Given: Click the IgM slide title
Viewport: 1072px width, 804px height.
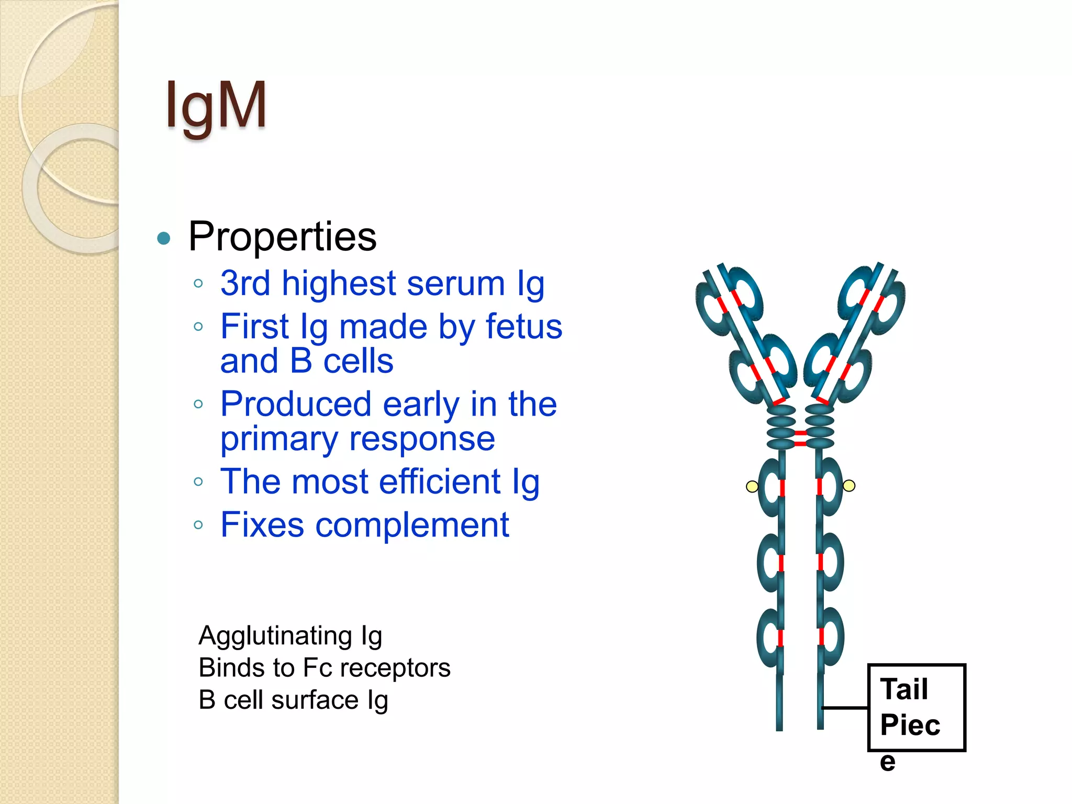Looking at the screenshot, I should [x=216, y=106].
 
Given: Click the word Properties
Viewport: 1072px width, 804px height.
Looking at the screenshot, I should [x=282, y=237].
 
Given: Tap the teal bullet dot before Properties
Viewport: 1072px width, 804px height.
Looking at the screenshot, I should [x=164, y=239].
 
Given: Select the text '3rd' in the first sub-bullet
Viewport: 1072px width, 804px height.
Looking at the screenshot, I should [x=245, y=283].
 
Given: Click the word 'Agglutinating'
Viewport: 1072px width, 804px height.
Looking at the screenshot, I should [x=275, y=635].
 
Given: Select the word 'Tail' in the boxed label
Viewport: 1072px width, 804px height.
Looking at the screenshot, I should [x=904, y=689].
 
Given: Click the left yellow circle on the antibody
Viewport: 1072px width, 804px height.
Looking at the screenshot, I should [x=752, y=487].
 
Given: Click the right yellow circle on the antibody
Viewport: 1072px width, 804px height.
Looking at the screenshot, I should [x=849, y=486].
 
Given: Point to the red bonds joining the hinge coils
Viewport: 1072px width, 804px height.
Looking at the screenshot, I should [x=800, y=439].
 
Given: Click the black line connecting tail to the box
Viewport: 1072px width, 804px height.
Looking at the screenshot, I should [x=844, y=708].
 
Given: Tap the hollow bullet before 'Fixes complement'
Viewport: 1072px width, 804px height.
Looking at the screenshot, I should [x=198, y=525].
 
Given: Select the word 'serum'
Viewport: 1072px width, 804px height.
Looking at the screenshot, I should [x=455, y=283].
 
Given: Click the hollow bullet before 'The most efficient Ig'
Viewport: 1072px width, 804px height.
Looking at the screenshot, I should [x=198, y=482].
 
